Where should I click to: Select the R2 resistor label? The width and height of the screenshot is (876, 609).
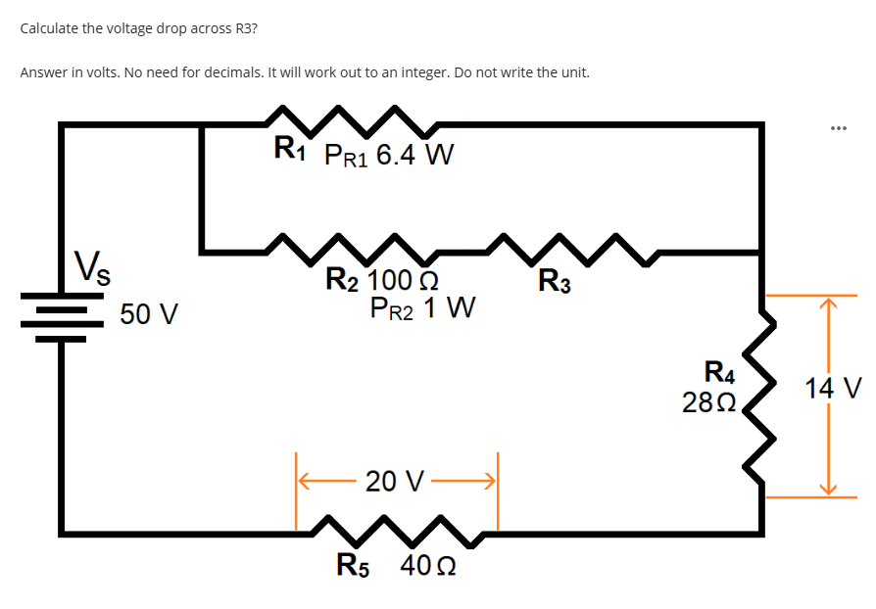point(343,283)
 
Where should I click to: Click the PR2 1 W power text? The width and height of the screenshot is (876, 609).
point(423,309)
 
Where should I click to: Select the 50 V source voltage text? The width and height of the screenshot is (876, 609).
point(148,314)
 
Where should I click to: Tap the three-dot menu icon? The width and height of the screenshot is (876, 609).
point(837,128)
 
